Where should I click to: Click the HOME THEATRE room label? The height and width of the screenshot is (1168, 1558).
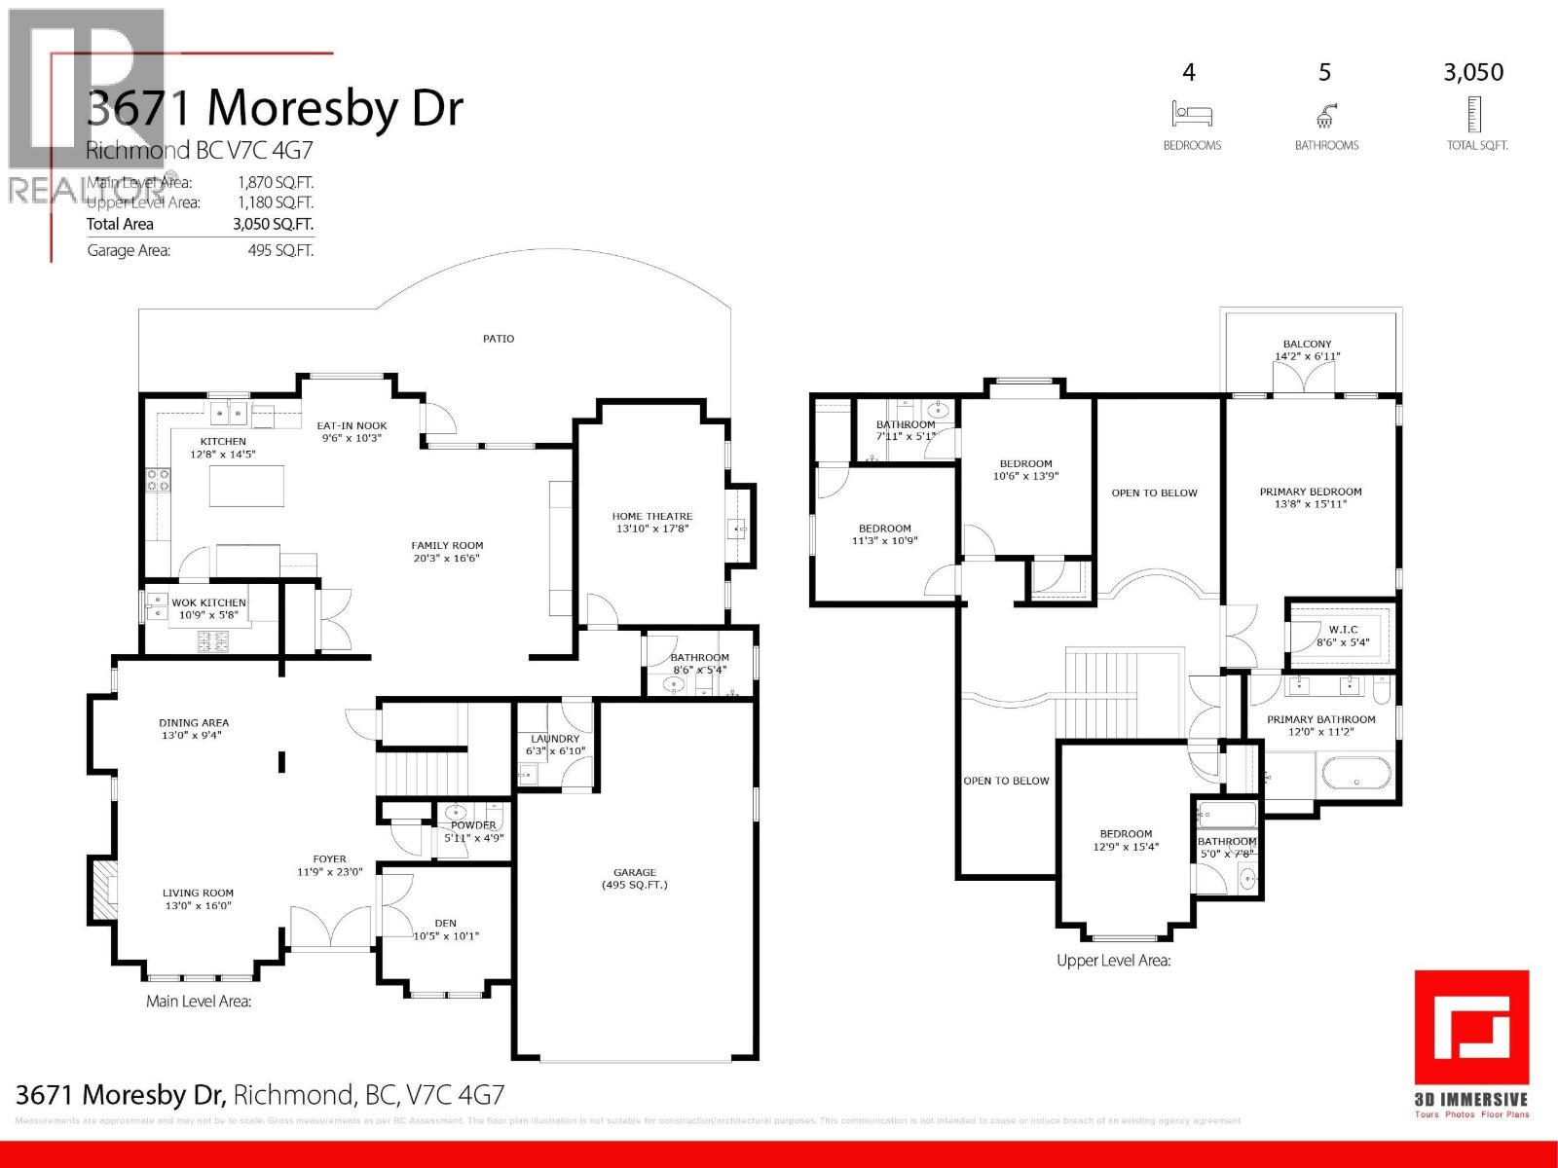[652, 523]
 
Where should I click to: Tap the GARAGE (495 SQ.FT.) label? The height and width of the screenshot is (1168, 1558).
[635, 878]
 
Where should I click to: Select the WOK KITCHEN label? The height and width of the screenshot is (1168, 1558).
[208, 608]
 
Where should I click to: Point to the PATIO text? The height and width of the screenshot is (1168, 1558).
[499, 339]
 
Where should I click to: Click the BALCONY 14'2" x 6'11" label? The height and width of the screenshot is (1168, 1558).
[1307, 350]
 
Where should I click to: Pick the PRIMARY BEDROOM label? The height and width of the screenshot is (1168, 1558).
[1311, 497]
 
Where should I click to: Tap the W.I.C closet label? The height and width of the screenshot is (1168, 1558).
[1343, 636]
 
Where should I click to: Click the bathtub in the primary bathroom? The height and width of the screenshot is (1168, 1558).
[1355, 777]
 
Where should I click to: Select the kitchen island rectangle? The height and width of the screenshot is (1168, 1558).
[247, 486]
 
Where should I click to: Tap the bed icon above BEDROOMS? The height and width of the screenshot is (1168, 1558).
[1192, 115]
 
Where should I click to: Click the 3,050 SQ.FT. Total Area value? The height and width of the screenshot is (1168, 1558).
[273, 224]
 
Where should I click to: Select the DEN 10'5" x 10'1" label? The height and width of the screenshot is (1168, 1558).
[446, 930]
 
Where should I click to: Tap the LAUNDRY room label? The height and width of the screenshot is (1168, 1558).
[554, 745]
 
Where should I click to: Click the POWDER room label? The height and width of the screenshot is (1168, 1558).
[473, 831]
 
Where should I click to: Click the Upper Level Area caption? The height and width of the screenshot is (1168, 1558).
[1113, 961]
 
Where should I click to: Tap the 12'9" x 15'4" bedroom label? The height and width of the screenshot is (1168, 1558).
[1126, 840]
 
